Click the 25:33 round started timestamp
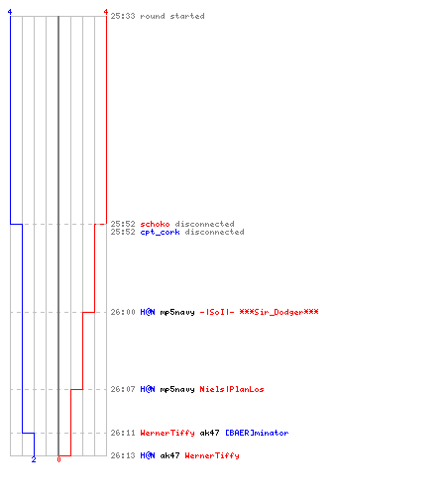point(123,16)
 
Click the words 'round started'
point(172,16)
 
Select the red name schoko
point(155,224)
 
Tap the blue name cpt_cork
point(160,233)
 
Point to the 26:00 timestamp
point(123,312)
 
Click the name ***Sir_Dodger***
point(279,312)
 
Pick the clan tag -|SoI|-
point(217,312)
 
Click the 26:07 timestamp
point(123,389)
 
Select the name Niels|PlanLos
point(232,389)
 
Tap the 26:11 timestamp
point(123,433)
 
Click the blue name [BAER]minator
point(257,433)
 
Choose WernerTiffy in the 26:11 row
point(167,433)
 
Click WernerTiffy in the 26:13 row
point(212,455)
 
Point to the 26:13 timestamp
point(123,455)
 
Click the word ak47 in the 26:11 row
point(209,433)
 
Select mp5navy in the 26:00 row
point(177,312)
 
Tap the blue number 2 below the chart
point(34,459)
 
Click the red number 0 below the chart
point(58,459)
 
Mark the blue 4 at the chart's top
point(10,12)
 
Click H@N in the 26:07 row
point(148,389)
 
